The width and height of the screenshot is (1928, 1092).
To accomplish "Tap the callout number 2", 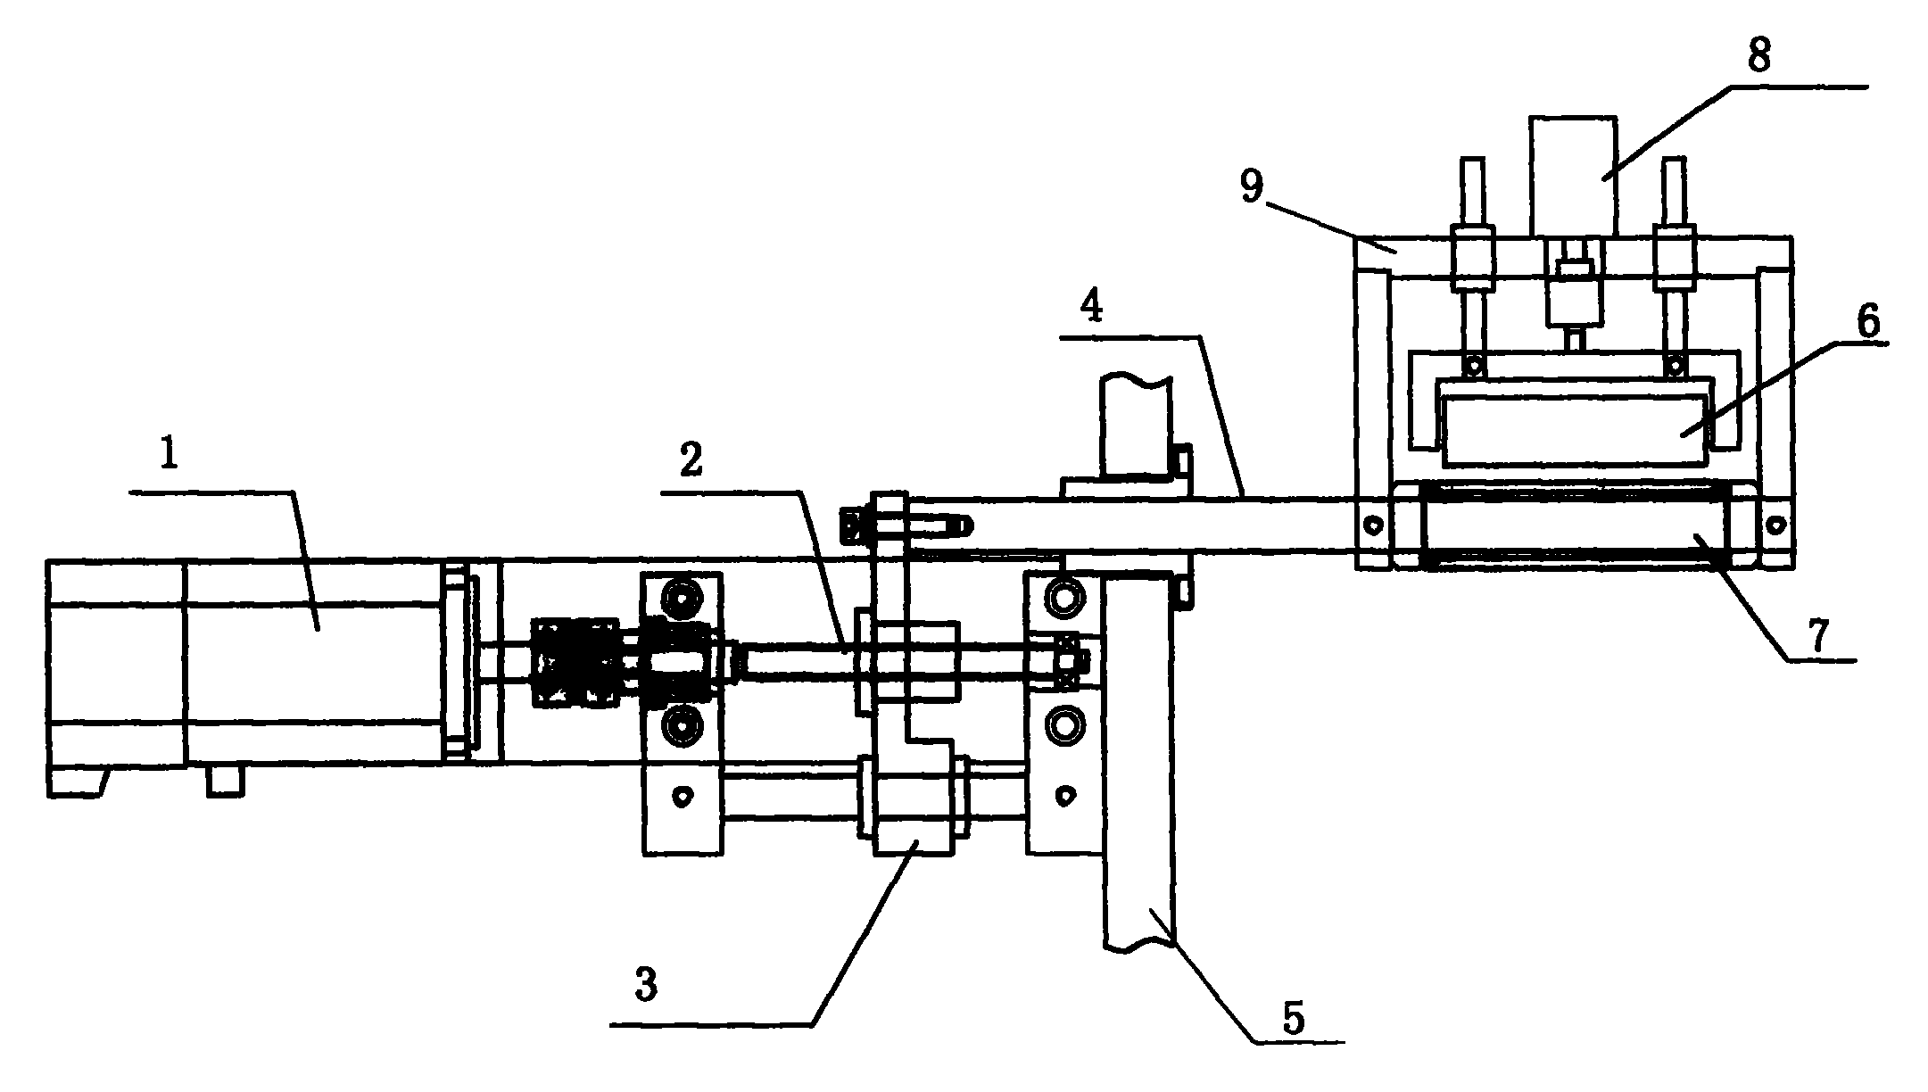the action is pyautogui.click(x=689, y=459).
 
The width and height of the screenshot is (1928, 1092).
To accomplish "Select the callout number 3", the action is pyautogui.click(x=645, y=986).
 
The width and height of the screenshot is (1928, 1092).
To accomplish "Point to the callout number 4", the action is pyautogui.click(x=1090, y=307).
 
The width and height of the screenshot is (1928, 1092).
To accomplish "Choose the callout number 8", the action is pyautogui.click(x=1758, y=56).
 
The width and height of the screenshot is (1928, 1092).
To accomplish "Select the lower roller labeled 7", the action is pyautogui.click(x=1574, y=524).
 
